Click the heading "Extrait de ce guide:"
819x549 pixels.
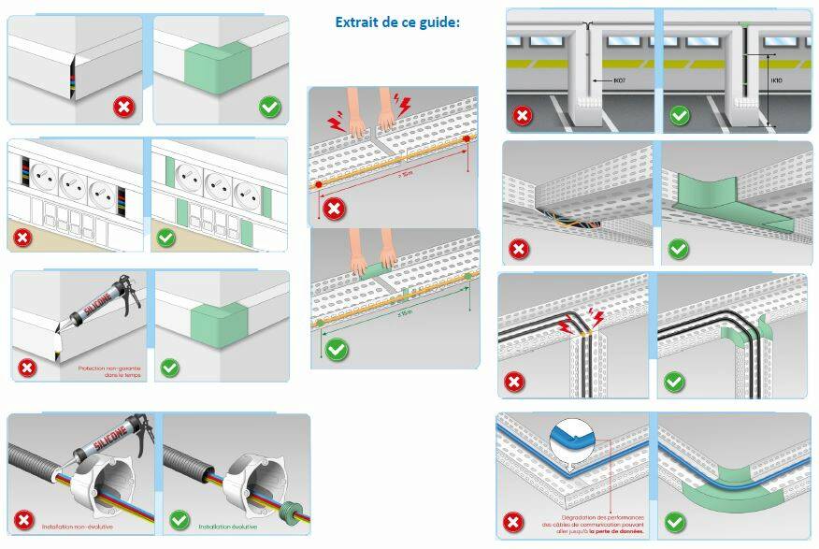pyautogui.click(x=397, y=22)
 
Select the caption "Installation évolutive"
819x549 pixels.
pyautogui.click(x=230, y=527)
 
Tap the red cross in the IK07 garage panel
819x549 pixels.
pyautogui.click(x=521, y=117)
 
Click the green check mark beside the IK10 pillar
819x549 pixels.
pyautogui.click(x=680, y=116)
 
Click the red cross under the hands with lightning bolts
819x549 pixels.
pyautogui.click(x=333, y=208)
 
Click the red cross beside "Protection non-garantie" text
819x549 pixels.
pyautogui.click(x=26, y=368)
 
